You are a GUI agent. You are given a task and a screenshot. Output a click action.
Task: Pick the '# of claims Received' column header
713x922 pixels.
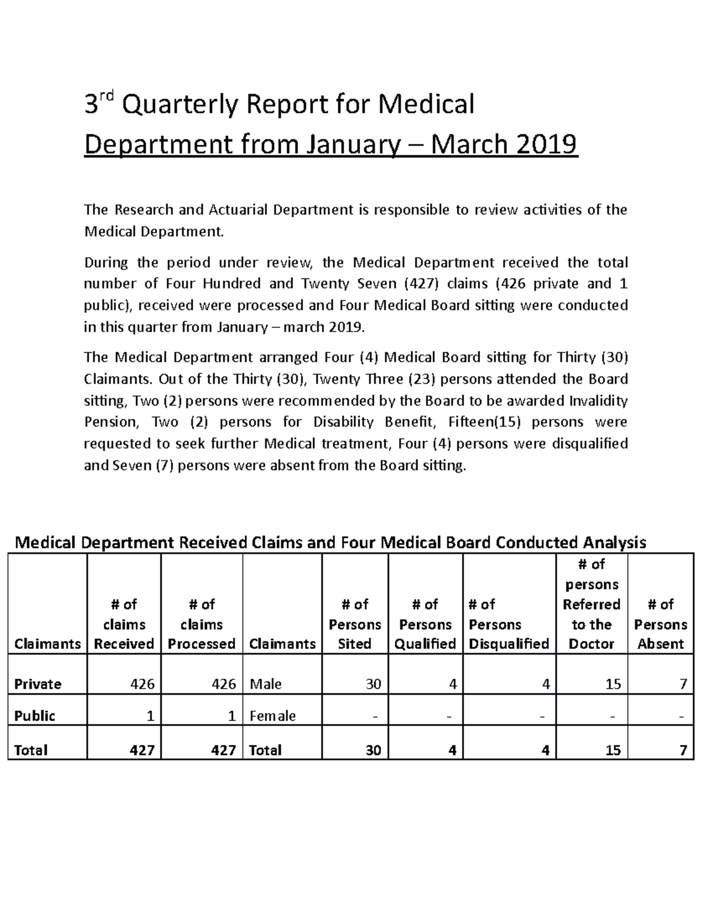tap(124, 624)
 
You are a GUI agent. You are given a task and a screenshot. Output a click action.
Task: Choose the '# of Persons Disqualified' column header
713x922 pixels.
tap(509, 624)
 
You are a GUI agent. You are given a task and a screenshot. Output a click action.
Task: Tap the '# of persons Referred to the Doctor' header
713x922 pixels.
tap(591, 604)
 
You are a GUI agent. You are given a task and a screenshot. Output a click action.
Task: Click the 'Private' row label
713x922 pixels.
tap(38, 684)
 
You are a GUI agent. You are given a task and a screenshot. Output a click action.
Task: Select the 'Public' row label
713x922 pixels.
tap(34, 716)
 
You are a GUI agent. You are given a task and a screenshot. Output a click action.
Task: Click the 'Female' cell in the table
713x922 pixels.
tap(273, 716)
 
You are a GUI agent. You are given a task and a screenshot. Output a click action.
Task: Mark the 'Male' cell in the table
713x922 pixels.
tap(266, 684)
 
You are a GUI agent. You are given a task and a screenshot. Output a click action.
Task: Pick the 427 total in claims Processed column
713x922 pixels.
tap(223, 750)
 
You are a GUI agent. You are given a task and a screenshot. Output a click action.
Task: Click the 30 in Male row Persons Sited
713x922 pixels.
tap(373, 684)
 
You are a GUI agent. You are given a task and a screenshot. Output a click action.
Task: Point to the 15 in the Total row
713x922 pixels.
tap(613, 750)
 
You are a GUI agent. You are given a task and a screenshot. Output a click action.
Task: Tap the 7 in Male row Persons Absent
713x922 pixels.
tap(684, 684)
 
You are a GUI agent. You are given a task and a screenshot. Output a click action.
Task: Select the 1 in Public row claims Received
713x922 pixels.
tap(151, 716)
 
